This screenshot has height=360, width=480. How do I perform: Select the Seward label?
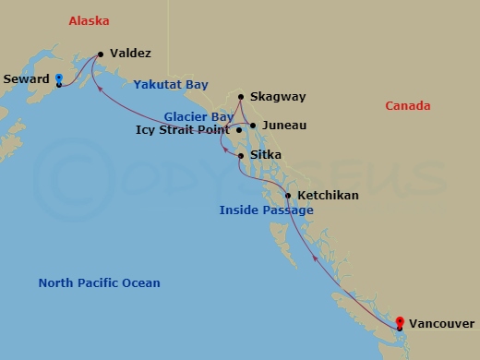click(26, 79)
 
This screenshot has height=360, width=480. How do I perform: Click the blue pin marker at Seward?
click(58, 78)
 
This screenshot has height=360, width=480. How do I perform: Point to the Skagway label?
click(278, 97)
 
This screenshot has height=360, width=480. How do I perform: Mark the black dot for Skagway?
click(241, 96)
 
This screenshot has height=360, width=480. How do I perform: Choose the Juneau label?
click(284, 125)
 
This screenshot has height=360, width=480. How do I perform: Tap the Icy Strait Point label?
click(183, 130)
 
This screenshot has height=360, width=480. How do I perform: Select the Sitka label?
click(266, 155)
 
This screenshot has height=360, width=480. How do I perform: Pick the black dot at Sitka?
click(241, 156)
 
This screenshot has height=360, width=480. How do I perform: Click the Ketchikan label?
click(329, 197)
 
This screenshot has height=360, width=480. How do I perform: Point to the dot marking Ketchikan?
click(288, 196)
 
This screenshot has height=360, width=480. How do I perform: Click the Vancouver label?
click(441, 323)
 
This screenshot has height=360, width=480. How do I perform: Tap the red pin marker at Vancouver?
click(400, 322)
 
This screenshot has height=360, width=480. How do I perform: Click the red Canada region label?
click(407, 106)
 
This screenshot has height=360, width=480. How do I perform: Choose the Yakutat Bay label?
click(171, 84)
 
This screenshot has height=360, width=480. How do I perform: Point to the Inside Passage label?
click(266, 210)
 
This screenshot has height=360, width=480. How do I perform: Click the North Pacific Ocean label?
click(99, 282)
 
